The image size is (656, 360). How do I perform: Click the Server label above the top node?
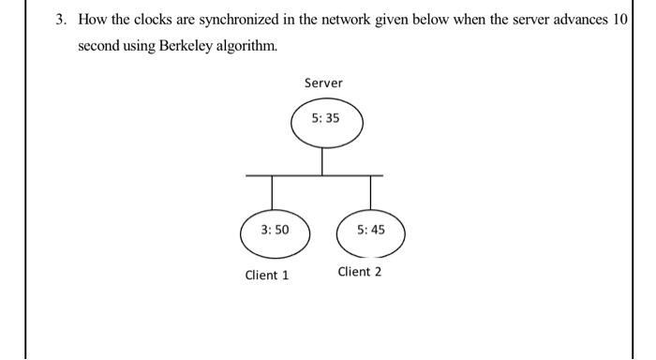[x=323, y=83]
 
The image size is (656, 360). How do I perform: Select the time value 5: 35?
[x=325, y=120]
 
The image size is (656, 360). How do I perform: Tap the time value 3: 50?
[x=275, y=230]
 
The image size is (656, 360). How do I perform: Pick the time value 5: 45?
[x=371, y=230]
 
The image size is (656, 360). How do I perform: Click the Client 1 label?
[x=267, y=276]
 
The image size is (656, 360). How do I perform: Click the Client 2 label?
[x=360, y=272]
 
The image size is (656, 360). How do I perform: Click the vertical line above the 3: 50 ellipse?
[x=274, y=190]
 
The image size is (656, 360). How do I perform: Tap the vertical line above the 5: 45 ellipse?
[x=371, y=190]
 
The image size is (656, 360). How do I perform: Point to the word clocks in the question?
[x=135, y=21]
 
